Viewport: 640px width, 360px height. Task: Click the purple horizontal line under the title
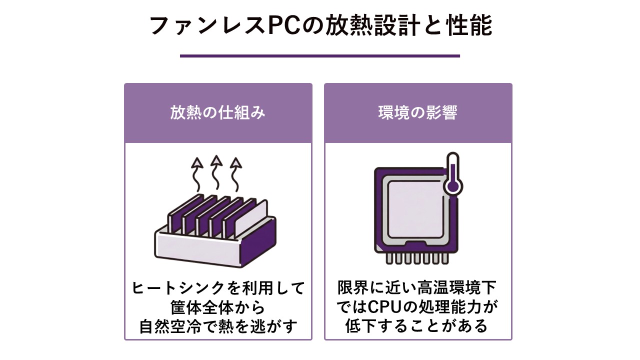coord(319,56)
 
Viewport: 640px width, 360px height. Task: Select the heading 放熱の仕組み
coord(217,112)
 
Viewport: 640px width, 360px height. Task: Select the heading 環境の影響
coord(418,112)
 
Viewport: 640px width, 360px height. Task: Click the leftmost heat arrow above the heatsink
coord(197,174)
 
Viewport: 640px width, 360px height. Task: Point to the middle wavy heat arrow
coord(216,172)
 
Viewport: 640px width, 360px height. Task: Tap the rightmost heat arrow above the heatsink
coord(235,174)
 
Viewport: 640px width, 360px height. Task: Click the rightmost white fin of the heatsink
coord(251,215)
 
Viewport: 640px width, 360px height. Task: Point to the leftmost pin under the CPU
coord(389,258)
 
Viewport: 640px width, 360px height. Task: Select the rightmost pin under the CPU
coord(445,258)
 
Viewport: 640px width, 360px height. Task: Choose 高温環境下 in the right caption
coord(457,287)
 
